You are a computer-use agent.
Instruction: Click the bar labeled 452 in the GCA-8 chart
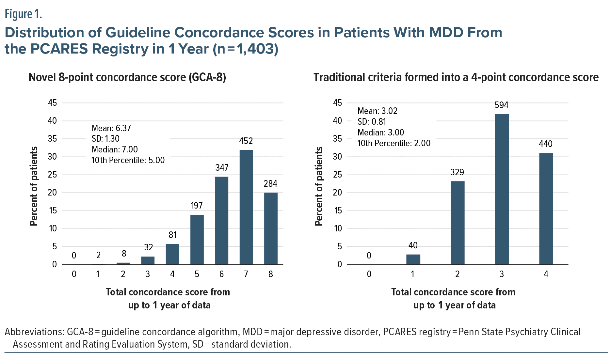[246, 207]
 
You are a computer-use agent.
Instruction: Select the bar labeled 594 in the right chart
[502, 189]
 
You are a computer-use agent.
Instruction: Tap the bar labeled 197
[197, 240]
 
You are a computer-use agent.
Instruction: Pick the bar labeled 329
[457, 223]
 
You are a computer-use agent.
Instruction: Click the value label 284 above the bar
[270, 184]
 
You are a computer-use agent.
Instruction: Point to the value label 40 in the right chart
[413, 245]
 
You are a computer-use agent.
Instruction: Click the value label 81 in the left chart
[172, 235]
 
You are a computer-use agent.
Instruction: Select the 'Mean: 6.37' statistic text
[111, 128]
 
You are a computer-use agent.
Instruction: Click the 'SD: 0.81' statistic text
[372, 122]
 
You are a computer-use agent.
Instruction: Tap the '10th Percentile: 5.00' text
[128, 160]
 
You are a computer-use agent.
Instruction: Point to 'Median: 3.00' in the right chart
[380, 133]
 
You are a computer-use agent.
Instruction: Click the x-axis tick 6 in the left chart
[221, 274]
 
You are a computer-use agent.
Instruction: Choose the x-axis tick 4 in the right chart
[546, 274]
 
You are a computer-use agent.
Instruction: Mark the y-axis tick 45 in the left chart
[52, 103]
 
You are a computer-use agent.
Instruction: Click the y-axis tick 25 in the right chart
[337, 175]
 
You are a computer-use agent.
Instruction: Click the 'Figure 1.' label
[23, 14]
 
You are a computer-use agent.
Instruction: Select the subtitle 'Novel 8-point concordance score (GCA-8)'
[127, 77]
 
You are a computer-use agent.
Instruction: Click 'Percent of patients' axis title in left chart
[34, 186]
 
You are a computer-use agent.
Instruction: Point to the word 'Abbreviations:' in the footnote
[34, 332]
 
